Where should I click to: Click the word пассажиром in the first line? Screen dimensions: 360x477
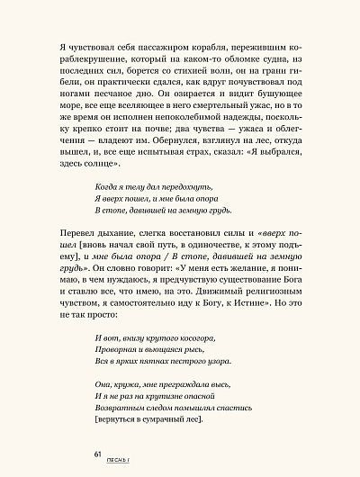pos(177,42)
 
